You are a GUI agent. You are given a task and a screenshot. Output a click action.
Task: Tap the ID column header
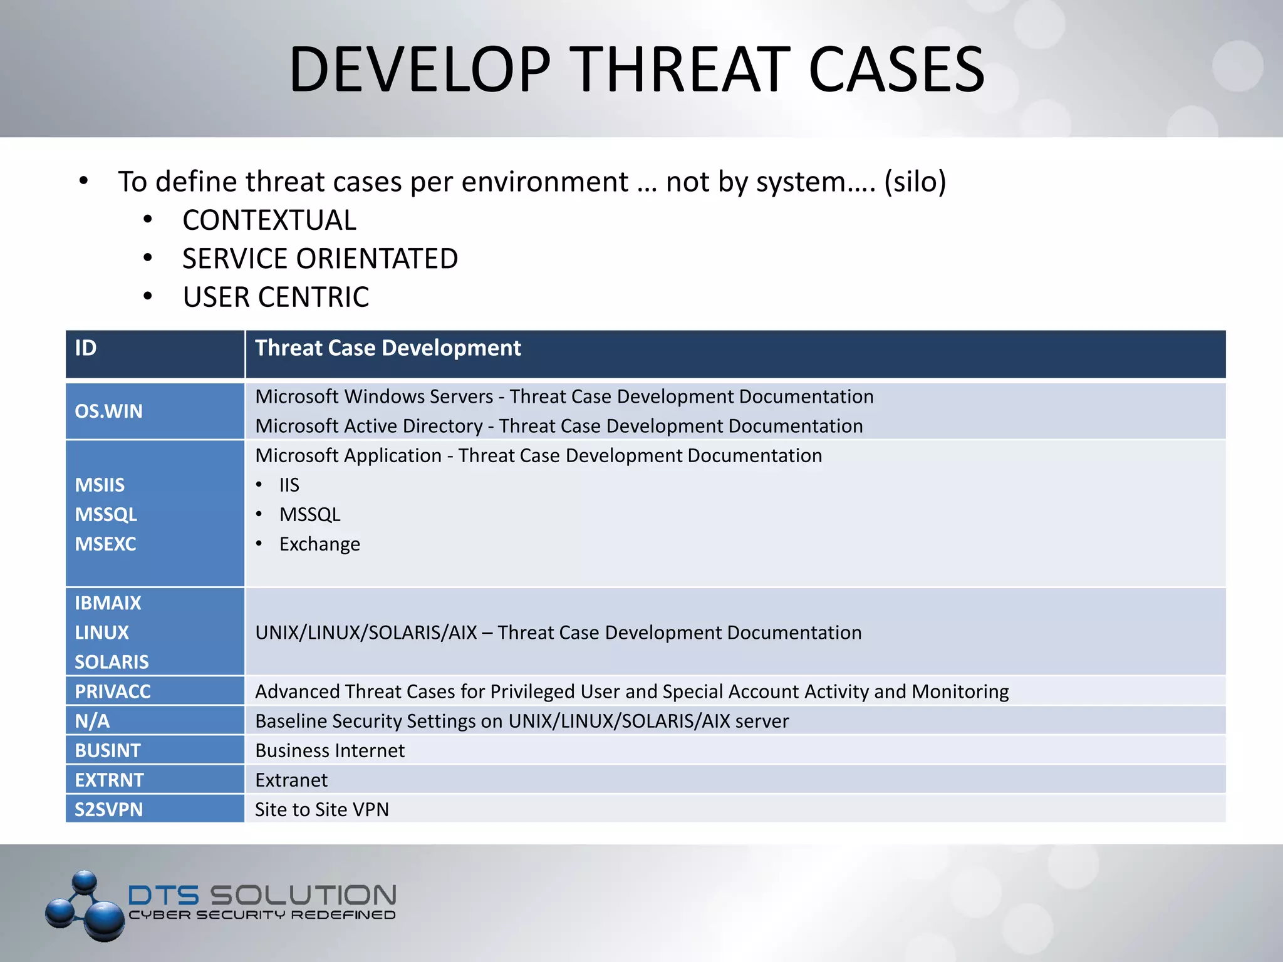[x=86, y=348]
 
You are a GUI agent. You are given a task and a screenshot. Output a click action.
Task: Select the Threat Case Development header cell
[x=388, y=348]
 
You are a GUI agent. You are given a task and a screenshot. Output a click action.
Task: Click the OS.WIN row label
[x=108, y=411]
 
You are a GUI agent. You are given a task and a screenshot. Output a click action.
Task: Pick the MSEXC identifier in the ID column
[x=105, y=544]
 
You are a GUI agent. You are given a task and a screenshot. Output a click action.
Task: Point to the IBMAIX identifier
[x=108, y=603]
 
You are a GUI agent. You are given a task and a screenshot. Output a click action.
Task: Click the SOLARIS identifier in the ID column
[x=112, y=662]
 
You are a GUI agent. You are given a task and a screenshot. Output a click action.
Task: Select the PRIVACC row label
[x=113, y=691]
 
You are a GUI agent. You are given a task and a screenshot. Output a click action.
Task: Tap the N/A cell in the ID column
[x=92, y=721]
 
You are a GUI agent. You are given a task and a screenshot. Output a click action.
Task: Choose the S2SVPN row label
[x=108, y=810]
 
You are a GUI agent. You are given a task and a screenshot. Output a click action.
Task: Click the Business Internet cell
[x=330, y=750]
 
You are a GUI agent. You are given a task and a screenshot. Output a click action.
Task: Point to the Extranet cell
[x=291, y=780]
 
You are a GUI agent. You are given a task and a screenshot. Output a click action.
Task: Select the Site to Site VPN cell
[x=322, y=810]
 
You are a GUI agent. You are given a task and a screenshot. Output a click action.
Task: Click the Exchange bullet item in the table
[x=319, y=544]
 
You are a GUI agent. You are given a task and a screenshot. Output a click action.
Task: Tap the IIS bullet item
[x=289, y=485]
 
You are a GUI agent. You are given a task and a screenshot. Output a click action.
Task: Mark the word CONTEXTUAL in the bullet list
[x=269, y=220]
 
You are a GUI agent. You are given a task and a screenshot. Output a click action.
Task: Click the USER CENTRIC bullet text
[x=276, y=297]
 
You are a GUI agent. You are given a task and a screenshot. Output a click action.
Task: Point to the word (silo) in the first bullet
[x=915, y=182]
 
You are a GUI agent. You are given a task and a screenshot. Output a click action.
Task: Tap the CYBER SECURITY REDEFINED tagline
[x=262, y=915]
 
